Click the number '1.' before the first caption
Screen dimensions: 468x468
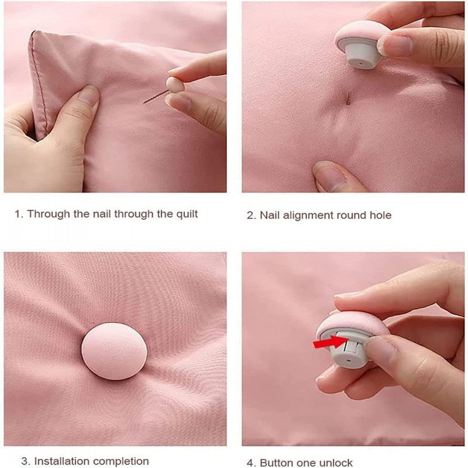19,214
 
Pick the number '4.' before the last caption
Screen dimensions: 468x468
251,462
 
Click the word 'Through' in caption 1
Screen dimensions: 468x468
49,214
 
